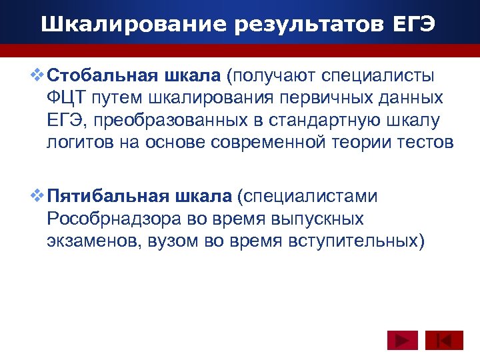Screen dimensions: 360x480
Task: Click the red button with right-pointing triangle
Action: point(402,341)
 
